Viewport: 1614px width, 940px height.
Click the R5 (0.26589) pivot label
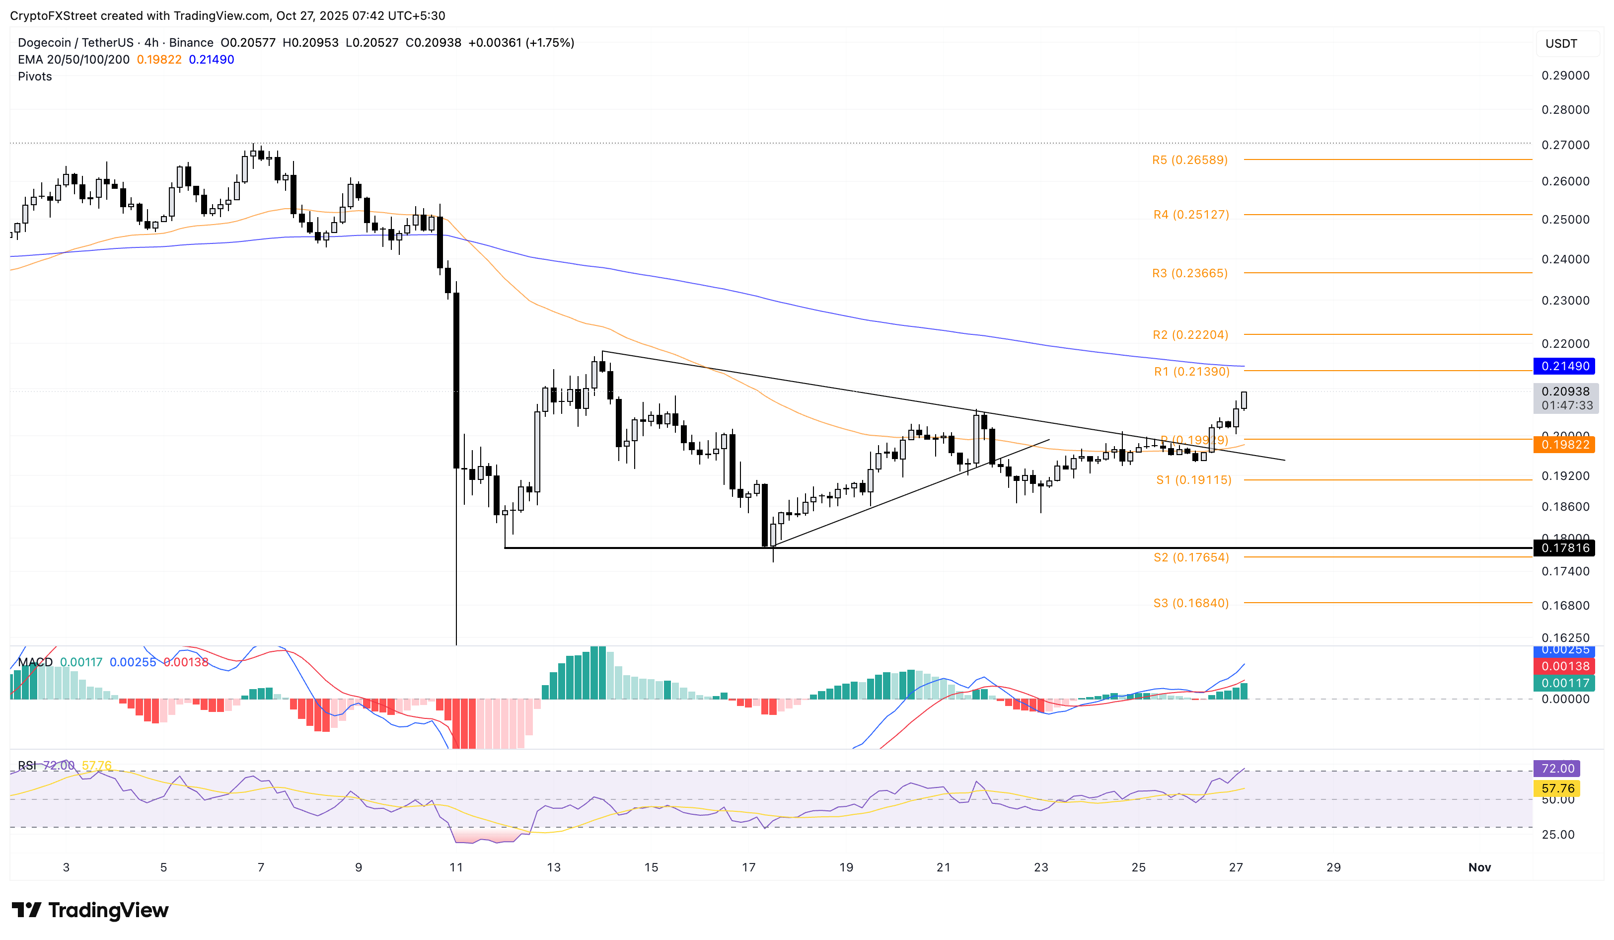[x=1189, y=160]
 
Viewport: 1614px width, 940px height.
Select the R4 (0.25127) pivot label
[x=1191, y=215]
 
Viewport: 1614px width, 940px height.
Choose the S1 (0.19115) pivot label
[x=1193, y=480]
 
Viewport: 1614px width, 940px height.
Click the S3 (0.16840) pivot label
[x=1191, y=603]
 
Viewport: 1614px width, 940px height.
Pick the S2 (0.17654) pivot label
[x=1191, y=557]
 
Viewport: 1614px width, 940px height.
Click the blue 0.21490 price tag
[x=1565, y=366]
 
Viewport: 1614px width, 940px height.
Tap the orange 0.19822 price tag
[x=1565, y=445]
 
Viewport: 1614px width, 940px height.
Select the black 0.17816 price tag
[x=1565, y=548]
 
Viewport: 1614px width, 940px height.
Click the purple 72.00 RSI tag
[x=1557, y=768]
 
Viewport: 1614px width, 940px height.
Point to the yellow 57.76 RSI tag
[x=1557, y=788]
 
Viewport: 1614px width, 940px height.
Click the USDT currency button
[x=1561, y=44]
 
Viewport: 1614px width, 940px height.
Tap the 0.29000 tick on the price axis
[x=1565, y=76]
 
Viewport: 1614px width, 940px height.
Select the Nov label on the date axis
[x=1479, y=867]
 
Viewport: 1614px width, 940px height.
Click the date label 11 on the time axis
[x=456, y=867]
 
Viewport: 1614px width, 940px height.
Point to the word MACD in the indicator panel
[x=35, y=662]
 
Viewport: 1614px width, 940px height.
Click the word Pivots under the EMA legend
[x=35, y=76]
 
